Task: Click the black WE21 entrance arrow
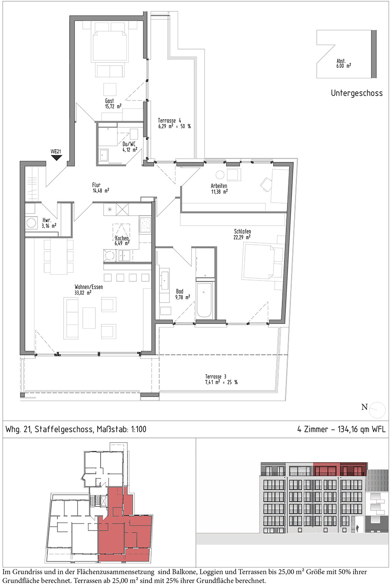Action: (x=56, y=158)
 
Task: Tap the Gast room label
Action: (x=109, y=101)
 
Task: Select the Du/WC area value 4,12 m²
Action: (x=130, y=150)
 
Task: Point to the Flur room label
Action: (x=96, y=185)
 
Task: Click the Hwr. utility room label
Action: (x=47, y=220)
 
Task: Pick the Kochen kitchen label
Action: (x=122, y=238)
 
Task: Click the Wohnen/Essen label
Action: (x=88, y=287)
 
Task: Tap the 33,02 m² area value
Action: (x=83, y=293)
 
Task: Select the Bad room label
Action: (x=179, y=291)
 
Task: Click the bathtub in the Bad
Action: (x=204, y=300)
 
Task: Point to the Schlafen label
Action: (x=242, y=231)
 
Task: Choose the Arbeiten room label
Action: (x=219, y=186)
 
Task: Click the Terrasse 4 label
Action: (x=169, y=120)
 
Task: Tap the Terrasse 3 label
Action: (x=216, y=377)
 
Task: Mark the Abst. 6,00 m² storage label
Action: (x=343, y=63)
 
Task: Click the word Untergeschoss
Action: (x=357, y=93)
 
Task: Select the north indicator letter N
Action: (x=364, y=407)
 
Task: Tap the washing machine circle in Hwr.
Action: (x=31, y=223)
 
